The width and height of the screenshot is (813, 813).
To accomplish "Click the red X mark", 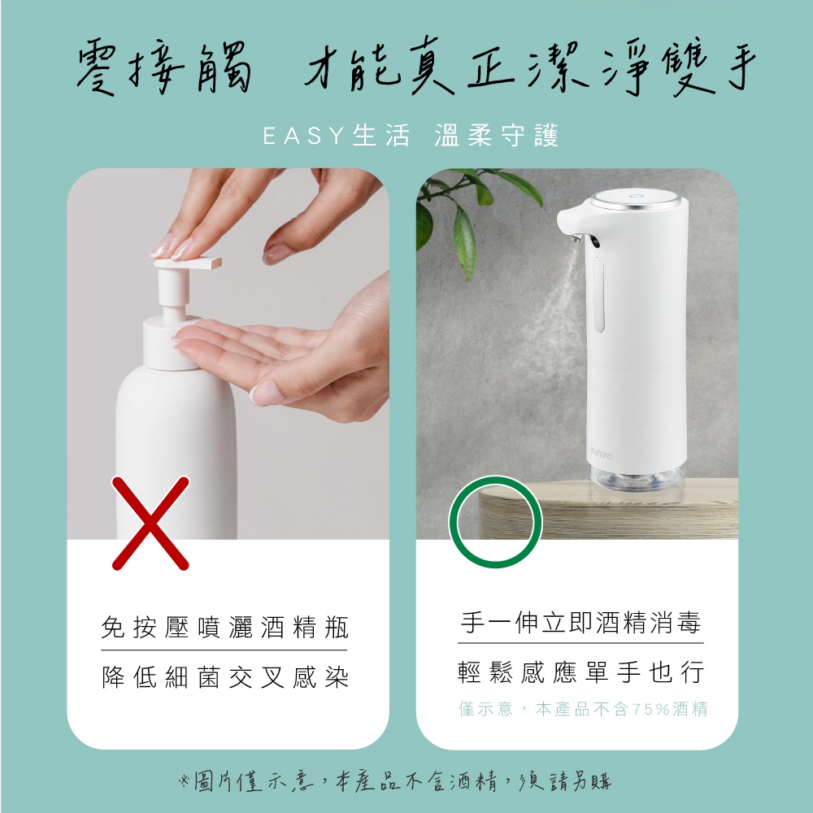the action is point(150,523).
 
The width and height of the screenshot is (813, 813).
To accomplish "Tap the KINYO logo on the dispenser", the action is point(602,454).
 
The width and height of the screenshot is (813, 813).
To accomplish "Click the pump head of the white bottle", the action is point(188,263).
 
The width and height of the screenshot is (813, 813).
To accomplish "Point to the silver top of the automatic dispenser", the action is point(637,199).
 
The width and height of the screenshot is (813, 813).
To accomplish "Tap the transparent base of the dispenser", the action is point(637,477).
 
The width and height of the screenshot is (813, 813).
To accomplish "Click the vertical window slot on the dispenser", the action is point(599,294).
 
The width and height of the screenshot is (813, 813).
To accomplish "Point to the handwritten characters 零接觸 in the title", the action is point(164,68).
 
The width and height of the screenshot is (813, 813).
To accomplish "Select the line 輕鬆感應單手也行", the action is point(580,672).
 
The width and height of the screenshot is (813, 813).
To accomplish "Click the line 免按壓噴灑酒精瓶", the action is point(224,627).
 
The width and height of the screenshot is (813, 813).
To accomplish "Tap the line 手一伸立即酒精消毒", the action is point(580,622).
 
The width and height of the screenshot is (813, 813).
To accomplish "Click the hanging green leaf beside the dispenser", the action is point(464,241).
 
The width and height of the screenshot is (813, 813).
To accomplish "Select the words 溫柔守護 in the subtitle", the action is point(496,136).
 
